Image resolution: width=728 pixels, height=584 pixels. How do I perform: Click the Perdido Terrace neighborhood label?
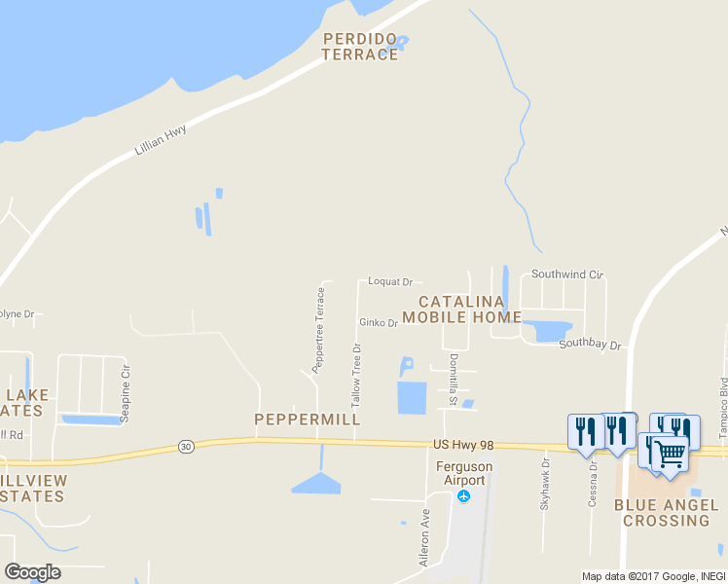point(360,47)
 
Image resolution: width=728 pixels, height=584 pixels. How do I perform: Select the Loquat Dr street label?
point(390,281)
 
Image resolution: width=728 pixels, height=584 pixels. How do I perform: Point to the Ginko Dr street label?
point(378,323)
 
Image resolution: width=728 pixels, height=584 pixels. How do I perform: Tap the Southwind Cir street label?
point(567,274)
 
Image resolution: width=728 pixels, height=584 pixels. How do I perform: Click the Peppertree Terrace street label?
point(318,329)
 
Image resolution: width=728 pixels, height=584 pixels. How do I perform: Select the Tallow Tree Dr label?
point(356,375)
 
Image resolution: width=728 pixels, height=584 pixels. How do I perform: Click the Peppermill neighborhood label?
point(308,420)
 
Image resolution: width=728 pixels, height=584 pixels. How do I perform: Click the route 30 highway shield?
point(186,446)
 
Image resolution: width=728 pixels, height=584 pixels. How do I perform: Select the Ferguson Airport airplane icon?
point(463,496)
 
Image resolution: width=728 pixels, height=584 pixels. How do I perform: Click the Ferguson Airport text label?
point(463,473)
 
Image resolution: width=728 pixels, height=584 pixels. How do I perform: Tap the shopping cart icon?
point(670,454)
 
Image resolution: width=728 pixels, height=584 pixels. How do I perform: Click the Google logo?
point(32,572)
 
